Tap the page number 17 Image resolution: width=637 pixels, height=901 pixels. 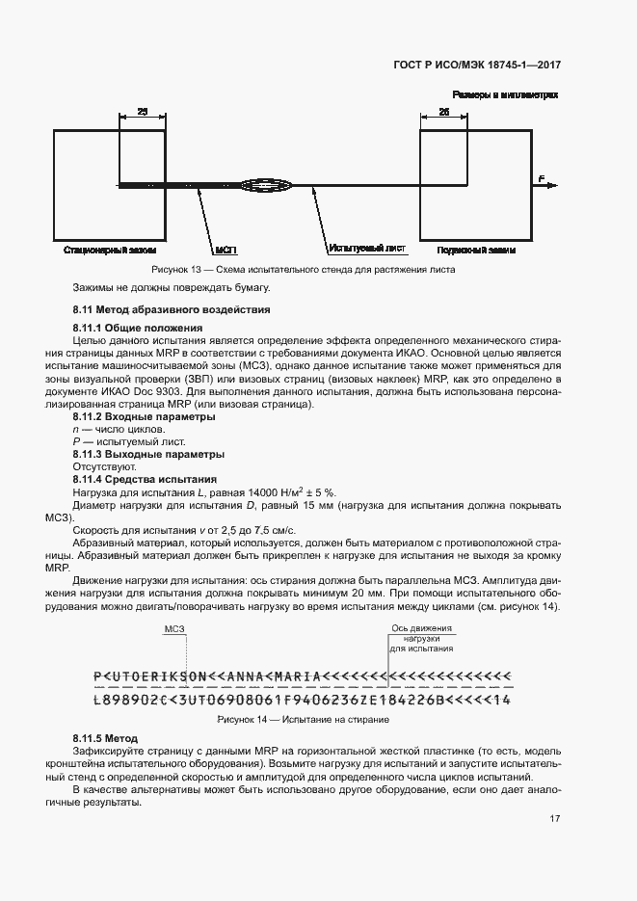(555, 819)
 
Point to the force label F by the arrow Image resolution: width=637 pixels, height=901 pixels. (542, 178)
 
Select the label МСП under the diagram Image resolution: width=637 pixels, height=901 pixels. (226, 250)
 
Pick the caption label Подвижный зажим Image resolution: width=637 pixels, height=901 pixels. (476, 250)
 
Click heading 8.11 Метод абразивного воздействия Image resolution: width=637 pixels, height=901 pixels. (172, 309)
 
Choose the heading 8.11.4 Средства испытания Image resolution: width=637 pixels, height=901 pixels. (146, 479)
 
